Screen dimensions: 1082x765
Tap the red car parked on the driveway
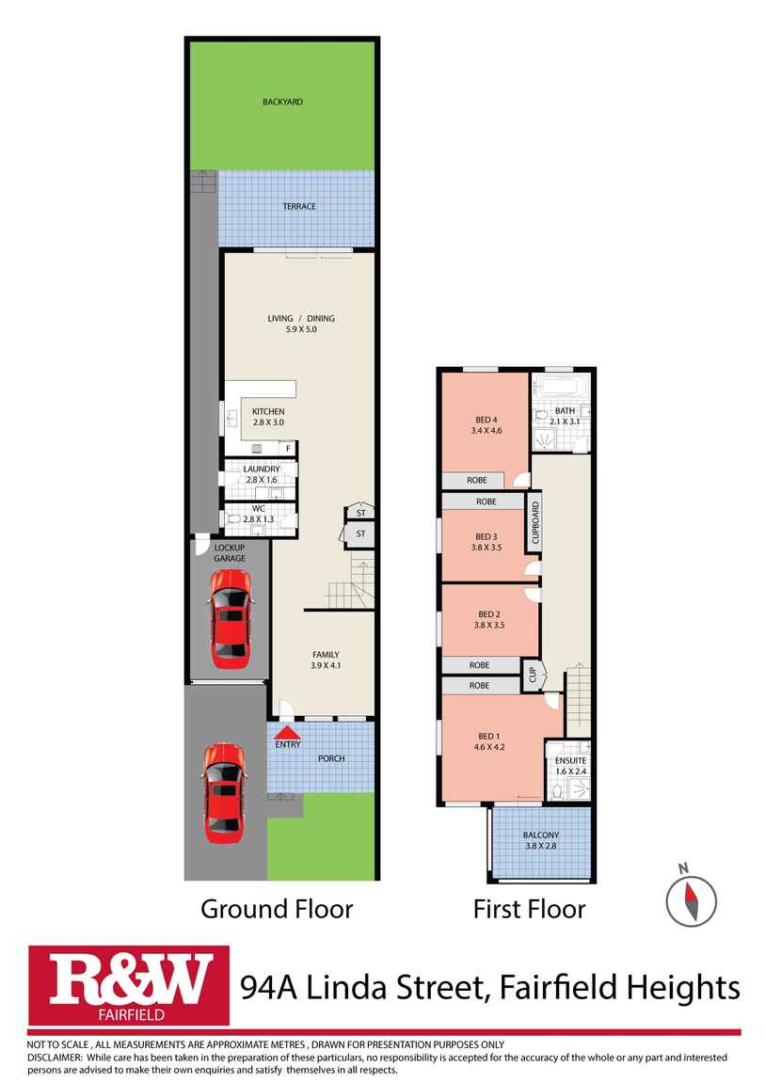click(225, 791)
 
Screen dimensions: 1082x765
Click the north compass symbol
click(691, 897)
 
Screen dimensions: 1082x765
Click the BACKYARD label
click(282, 102)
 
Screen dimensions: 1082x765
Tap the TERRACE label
click(299, 206)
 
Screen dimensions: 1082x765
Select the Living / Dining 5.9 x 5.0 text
click(300, 325)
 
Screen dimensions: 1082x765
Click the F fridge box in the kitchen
click(288, 448)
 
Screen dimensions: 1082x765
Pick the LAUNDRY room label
click(261, 469)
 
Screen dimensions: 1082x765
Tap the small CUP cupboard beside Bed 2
click(531, 676)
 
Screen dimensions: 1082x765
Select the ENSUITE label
click(570, 760)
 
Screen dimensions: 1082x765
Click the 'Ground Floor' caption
click(277, 909)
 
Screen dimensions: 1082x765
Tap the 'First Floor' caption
click(529, 909)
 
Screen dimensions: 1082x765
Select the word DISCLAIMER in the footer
click(56, 1057)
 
